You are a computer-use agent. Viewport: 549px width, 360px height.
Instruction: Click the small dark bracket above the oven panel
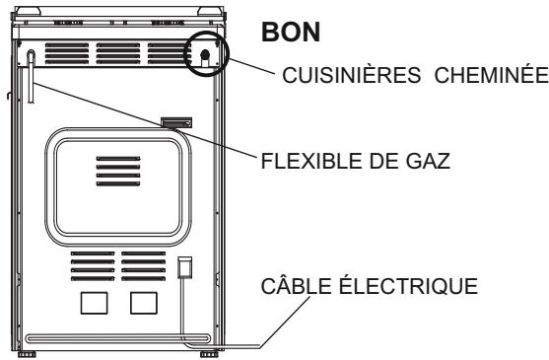coord(176,123)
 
